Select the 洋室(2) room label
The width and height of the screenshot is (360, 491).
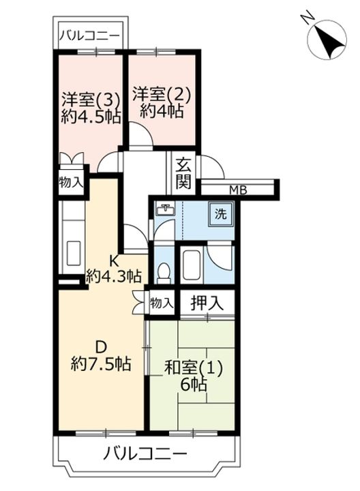(x=161, y=95)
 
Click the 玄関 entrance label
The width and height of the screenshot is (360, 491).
(x=183, y=173)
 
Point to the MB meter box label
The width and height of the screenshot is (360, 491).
(x=239, y=190)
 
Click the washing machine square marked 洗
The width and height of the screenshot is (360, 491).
(x=222, y=215)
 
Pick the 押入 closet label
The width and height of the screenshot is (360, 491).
(x=207, y=303)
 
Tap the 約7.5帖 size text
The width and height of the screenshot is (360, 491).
(x=100, y=364)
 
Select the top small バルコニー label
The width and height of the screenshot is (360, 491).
(x=89, y=35)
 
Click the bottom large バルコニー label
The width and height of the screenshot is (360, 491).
(x=146, y=453)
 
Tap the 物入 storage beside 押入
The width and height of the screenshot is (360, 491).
(x=161, y=303)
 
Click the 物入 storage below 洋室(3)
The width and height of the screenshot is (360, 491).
(x=71, y=183)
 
